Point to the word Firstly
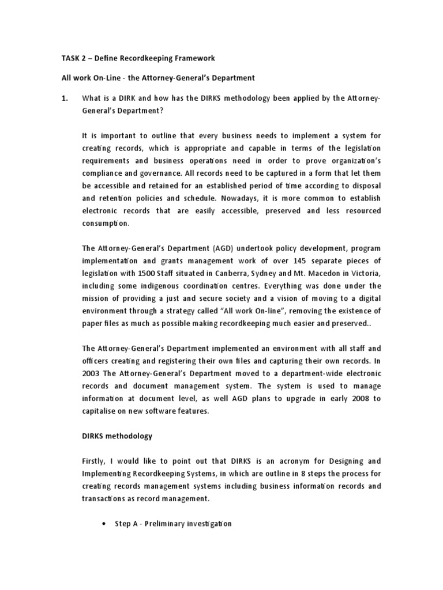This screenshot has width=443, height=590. (x=95, y=461)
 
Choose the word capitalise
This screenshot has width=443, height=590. (x=102, y=411)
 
